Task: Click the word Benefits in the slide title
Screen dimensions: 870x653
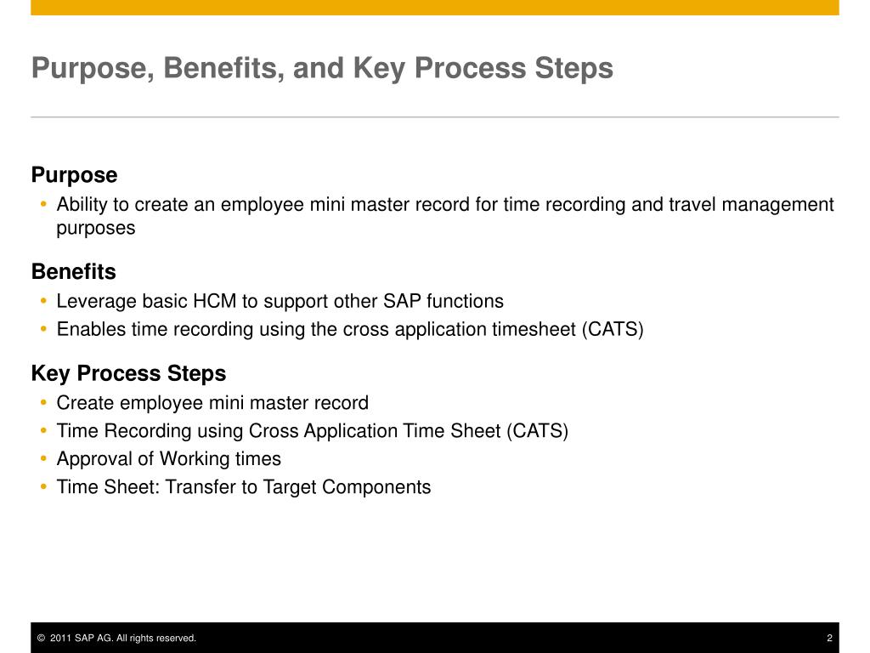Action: pos(223,68)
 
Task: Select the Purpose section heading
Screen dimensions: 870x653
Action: pos(75,175)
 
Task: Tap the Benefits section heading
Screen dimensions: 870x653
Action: pos(74,271)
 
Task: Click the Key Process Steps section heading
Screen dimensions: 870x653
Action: pos(129,374)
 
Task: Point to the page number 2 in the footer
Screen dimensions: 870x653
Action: pos(829,638)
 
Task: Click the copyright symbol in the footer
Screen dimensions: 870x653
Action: pos(41,638)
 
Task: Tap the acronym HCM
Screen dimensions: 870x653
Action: pos(214,301)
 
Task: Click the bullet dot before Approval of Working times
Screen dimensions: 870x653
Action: pos(44,458)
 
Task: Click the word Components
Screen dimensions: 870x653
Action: pos(376,487)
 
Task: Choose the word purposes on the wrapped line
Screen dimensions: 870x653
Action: pos(96,228)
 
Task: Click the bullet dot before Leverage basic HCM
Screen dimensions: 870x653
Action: pos(44,301)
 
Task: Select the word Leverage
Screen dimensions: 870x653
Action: pos(97,302)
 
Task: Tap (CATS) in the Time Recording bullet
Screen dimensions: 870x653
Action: pos(537,431)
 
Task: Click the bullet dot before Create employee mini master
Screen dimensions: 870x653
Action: pos(44,402)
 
